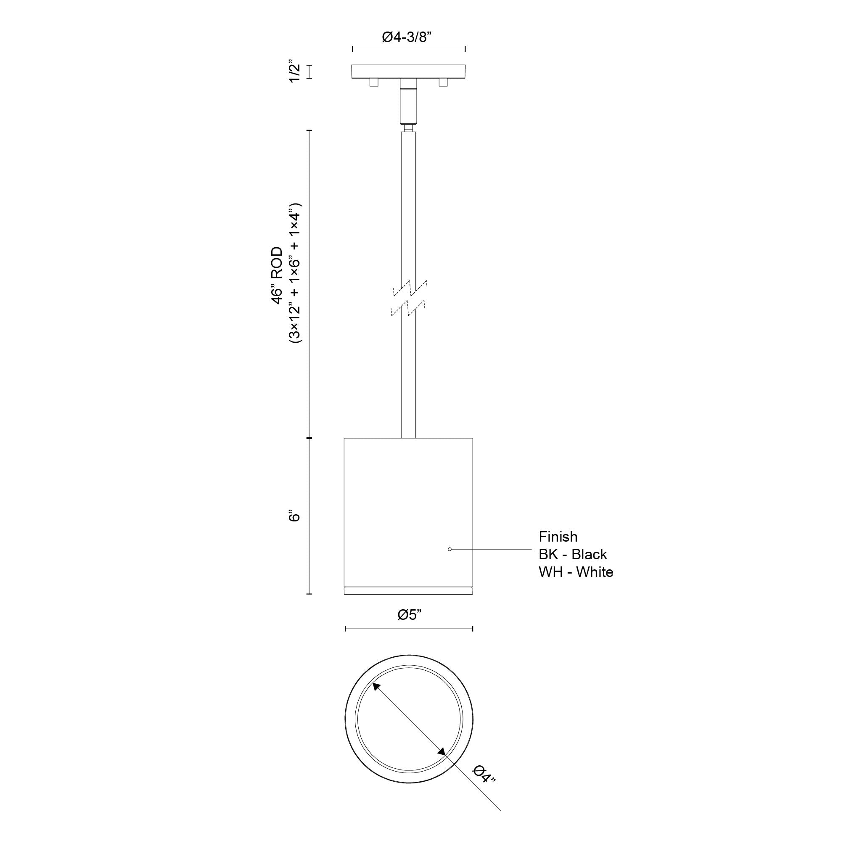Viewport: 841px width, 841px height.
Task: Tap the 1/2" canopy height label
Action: point(295,72)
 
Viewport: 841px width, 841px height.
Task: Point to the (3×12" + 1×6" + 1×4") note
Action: point(295,273)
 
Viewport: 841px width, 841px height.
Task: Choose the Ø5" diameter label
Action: point(410,615)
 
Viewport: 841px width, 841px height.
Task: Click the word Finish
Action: point(558,536)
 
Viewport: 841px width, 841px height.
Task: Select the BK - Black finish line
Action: point(573,554)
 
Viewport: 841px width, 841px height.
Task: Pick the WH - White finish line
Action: point(576,572)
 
